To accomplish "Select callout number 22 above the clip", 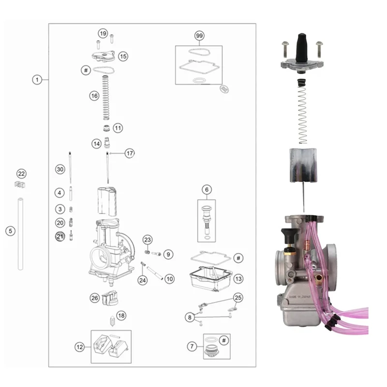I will pyautogui.click(x=21, y=174).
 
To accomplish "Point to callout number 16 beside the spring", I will pyautogui.click(x=94, y=96).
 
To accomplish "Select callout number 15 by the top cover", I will pyautogui.click(x=123, y=56).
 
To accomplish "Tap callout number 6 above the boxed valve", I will pyautogui.click(x=206, y=190).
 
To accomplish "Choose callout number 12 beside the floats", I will pyautogui.click(x=79, y=346).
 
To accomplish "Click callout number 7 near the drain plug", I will pyautogui.click(x=193, y=346).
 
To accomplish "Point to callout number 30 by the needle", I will pyautogui.click(x=60, y=169).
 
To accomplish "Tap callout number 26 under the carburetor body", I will pyautogui.click(x=94, y=298).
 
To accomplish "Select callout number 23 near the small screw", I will pyautogui.click(x=148, y=240).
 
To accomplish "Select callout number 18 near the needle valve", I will pyautogui.click(x=121, y=315).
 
